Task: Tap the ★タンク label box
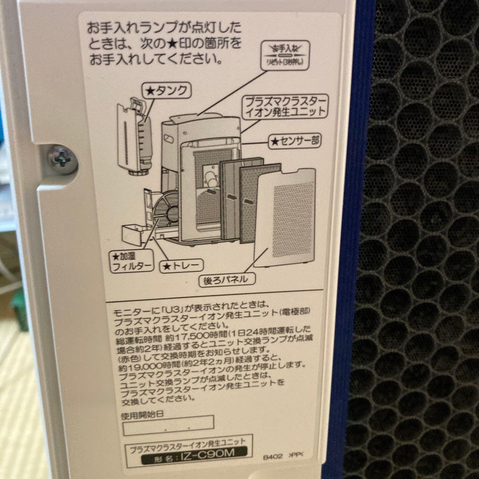[166, 91]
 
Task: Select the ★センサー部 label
[295, 141]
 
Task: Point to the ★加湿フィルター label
[132, 261]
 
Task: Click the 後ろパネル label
[229, 279]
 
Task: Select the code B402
[272, 456]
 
